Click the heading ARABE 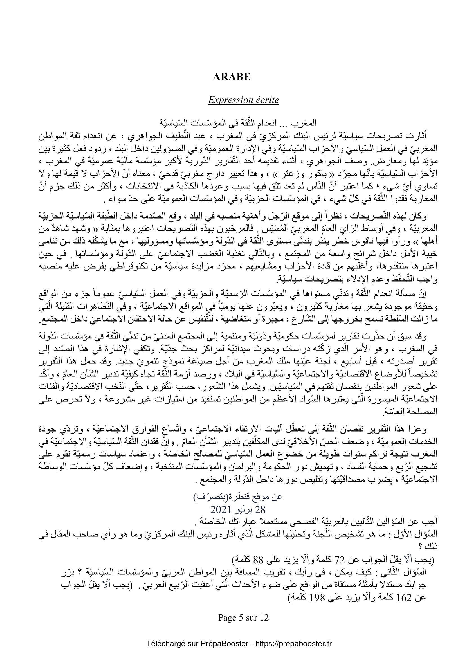click(x=232, y=77)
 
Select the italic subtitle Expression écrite click(x=243, y=100)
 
